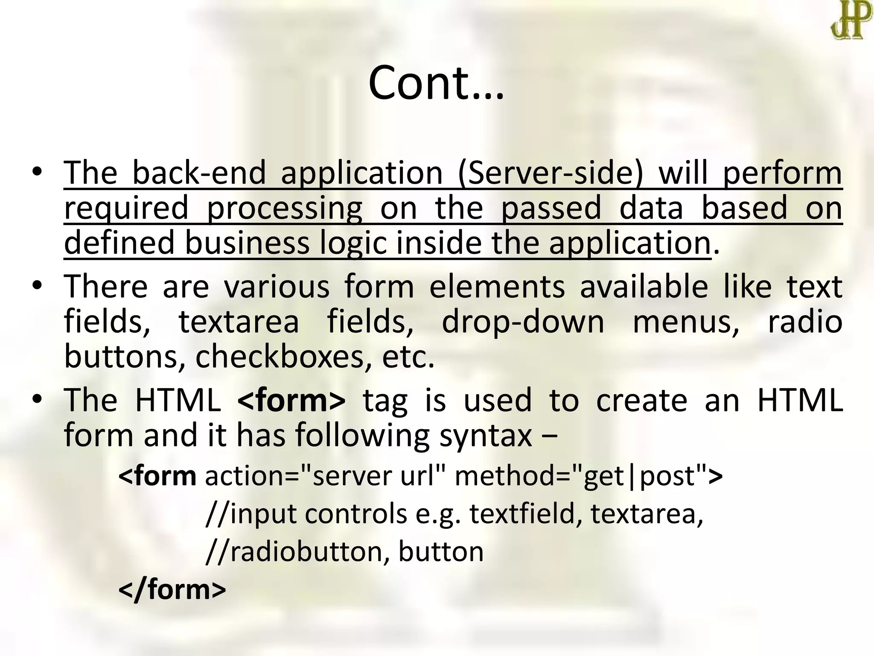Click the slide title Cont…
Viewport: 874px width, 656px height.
point(436,83)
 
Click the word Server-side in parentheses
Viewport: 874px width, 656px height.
point(550,173)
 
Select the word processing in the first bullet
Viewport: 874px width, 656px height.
point(284,208)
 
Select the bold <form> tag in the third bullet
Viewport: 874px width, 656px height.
point(291,401)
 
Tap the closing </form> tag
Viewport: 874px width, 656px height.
point(172,590)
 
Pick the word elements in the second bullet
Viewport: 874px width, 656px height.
point(497,287)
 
